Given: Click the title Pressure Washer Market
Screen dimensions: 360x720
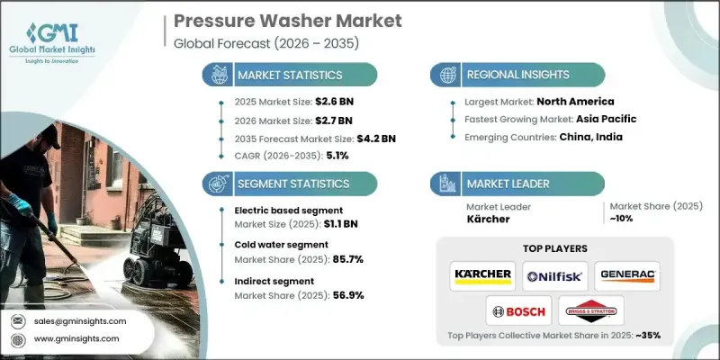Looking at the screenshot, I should click(x=266, y=21).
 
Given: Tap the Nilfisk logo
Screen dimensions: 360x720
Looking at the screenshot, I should click(x=554, y=274).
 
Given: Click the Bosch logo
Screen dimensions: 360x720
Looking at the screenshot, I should click(x=517, y=311).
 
